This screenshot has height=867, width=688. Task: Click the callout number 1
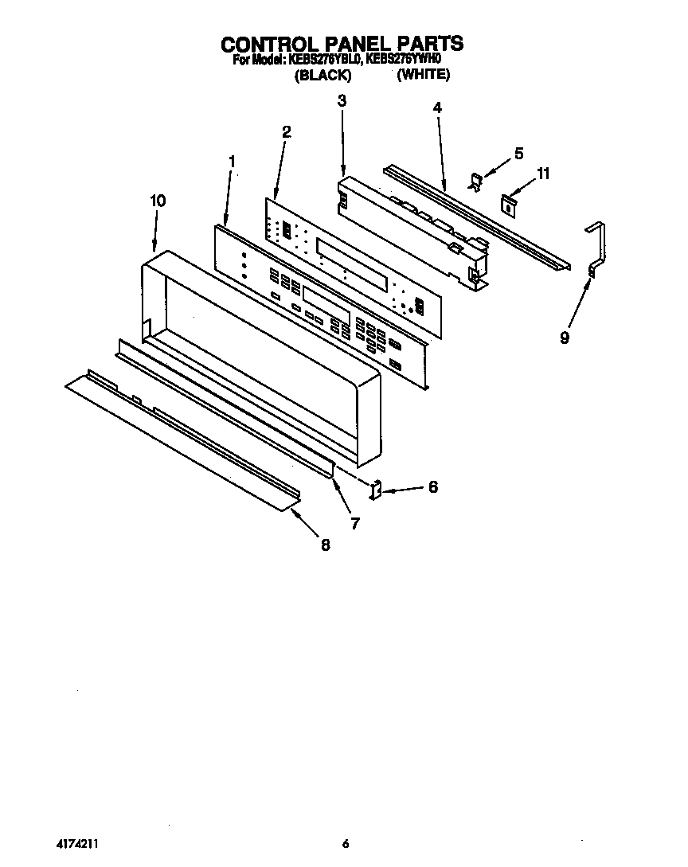(232, 162)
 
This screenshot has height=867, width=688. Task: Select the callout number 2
(286, 132)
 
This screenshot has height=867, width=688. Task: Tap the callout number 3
(342, 101)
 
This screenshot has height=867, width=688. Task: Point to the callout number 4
(436, 107)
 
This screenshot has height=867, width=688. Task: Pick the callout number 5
(518, 154)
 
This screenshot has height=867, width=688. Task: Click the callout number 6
(432, 486)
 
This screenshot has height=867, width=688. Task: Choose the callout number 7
(355, 523)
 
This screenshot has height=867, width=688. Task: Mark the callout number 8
(325, 545)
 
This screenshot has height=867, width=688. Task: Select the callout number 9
(565, 338)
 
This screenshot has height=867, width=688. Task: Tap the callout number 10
(158, 201)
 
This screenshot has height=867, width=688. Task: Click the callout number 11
(543, 174)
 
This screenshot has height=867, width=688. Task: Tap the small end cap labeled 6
(377, 489)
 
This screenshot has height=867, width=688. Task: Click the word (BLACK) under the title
(322, 75)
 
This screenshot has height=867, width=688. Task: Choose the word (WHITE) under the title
(424, 75)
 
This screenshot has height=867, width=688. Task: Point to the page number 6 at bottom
(345, 844)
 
